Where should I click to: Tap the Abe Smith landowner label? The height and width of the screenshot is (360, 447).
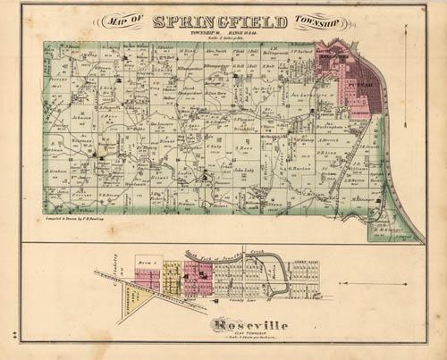point(215,53)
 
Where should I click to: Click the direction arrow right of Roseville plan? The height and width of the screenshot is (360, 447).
point(375,284)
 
